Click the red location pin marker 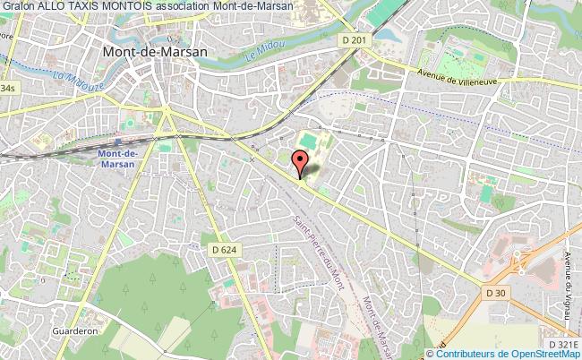click(301, 162)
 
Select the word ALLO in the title click(53, 7)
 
